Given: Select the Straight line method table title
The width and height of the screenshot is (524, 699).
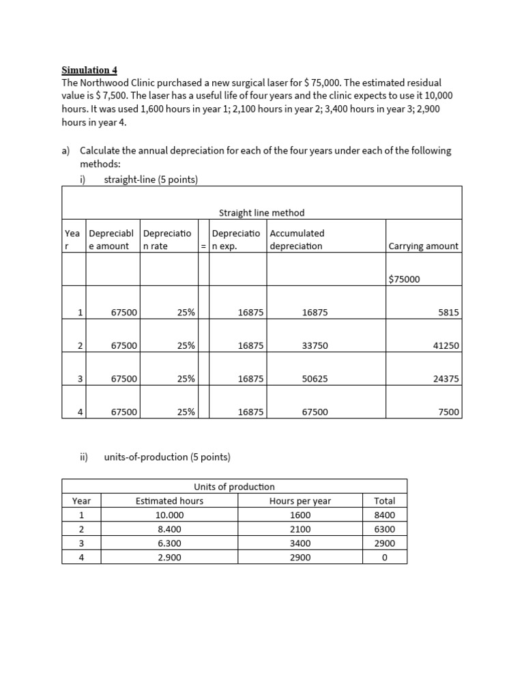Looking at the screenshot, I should [261, 213].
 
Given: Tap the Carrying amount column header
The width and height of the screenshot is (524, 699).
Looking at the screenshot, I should [423, 246].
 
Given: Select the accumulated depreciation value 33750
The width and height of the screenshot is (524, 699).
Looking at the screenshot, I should [315, 345].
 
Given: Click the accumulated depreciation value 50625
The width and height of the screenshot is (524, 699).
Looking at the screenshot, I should [315, 378].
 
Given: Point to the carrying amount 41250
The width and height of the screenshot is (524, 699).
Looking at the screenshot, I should [446, 345].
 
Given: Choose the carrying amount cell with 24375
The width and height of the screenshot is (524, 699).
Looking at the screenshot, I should [446, 378].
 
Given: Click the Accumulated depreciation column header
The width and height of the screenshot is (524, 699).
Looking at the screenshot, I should [297, 240].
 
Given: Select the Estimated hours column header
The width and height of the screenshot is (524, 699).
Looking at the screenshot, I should [169, 501].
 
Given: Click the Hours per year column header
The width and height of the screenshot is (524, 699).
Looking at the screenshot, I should [300, 501].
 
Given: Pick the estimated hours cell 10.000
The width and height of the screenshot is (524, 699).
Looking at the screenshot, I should [169, 515].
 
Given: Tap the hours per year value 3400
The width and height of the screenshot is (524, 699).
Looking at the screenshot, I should [300, 543].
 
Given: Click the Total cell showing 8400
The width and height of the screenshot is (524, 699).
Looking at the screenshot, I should [385, 515].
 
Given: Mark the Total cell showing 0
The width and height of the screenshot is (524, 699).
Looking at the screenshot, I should [385, 558].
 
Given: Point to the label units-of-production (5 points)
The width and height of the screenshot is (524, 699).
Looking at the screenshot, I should [167, 457].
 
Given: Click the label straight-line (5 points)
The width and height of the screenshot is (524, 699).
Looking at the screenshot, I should [151, 180].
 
